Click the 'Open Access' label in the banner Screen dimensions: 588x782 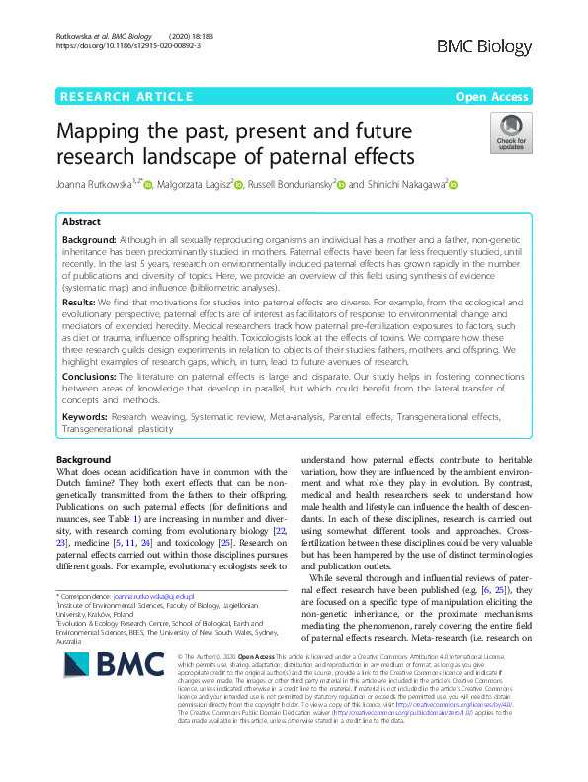click(493, 96)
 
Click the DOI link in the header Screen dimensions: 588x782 click(127, 45)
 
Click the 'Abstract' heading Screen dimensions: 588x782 click(84, 223)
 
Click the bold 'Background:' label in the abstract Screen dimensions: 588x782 click(89, 240)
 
